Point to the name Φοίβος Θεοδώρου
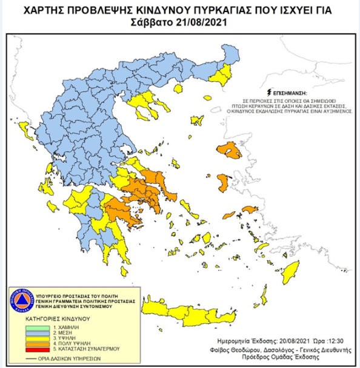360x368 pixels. (242, 349)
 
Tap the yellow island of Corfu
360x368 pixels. (24, 128)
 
